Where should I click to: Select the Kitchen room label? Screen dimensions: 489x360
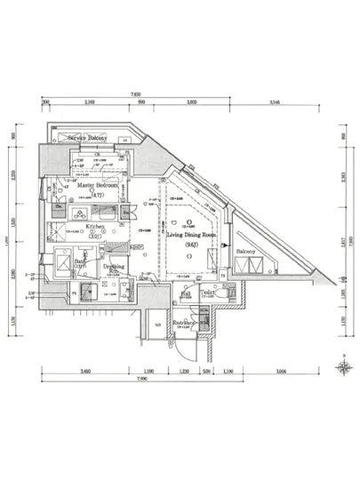click(x=96, y=227)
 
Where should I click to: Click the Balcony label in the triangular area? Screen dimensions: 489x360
click(x=246, y=252)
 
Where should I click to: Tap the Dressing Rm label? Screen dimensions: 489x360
click(x=113, y=266)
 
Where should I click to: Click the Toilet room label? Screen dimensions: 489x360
click(x=208, y=291)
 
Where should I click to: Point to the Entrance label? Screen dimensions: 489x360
click(x=185, y=322)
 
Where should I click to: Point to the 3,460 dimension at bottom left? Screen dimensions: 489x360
click(x=86, y=369)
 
